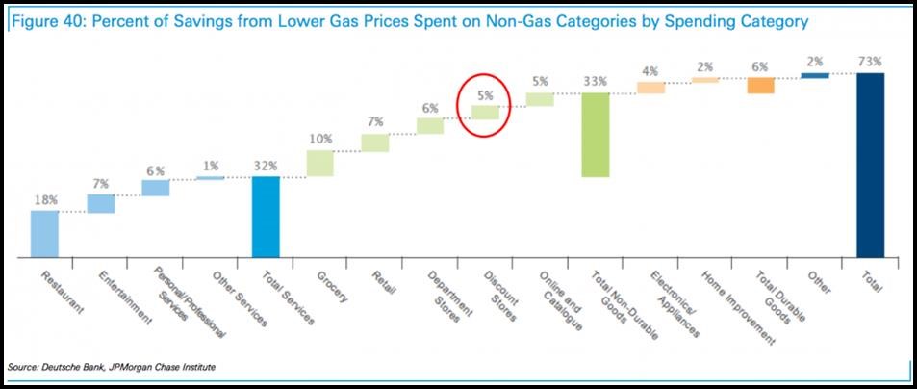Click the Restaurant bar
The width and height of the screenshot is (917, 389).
(44, 234)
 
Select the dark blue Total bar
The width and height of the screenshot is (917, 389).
(869, 165)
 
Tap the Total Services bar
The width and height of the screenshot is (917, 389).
(265, 217)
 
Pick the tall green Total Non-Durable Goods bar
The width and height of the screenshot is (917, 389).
(596, 135)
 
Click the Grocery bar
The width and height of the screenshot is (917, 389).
(319, 163)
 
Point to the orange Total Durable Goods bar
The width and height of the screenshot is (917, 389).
(760, 86)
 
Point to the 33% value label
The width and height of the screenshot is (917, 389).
(595, 82)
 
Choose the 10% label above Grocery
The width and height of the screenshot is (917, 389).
(319, 139)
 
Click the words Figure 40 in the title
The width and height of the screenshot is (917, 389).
(43, 20)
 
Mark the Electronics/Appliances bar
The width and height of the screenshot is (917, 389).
(650, 88)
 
